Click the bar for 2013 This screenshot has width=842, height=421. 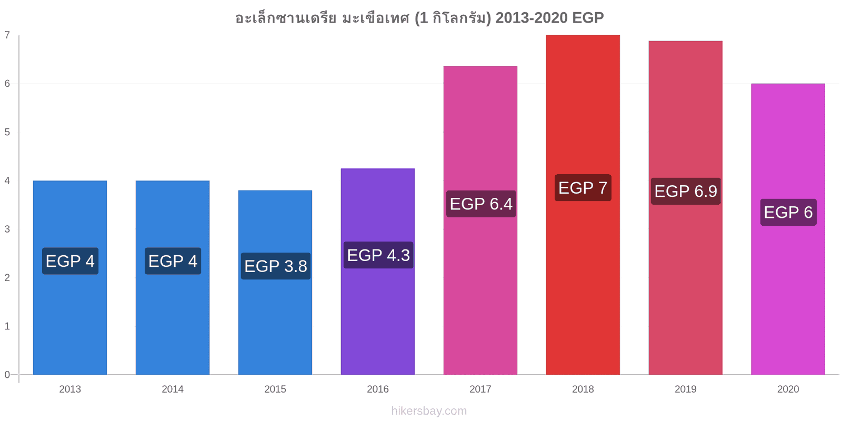pyautogui.click(x=70, y=277)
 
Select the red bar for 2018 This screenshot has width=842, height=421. pyautogui.click(x=583, y=205)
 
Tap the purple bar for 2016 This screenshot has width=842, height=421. pyautogui.click(x=378, y=272)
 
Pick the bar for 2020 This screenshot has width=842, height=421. pyautogui.click(x=788, y=229)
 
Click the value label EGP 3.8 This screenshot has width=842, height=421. pyautogui.click(x=276, y=266)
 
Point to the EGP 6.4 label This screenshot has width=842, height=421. pyautogui.click(x=481, y=204)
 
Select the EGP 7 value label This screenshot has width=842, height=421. pyautogui.click(x=583, y=187)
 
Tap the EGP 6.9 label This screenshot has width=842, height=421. pyautogui.click(x=686, y=191)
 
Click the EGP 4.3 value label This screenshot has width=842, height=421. pyautogui.click(x=378, y=255)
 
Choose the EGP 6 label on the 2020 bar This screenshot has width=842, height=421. pyautogui.click(x=788, y=212)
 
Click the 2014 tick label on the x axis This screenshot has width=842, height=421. pyautogui.click(x=173, y=389)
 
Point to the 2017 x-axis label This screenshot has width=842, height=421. pyautogui.click(x=480, y=389)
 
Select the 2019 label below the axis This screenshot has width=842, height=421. pyautogui.click(x=686, y=389)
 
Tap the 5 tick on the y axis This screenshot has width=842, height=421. pyautogui.click(x=7, y=132)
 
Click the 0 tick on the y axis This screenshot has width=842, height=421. pyautogui.click(x=7, y=374)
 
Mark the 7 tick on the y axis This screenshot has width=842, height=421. pyautogui.click(x=7, y=35)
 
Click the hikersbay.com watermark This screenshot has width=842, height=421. pyautogui.click(x=429, y=410)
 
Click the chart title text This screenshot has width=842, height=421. pyautogui.click(x=419, y=17)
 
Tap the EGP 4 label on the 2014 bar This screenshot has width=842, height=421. pyautogui.click(x=173, y=261)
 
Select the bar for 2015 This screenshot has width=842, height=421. pyautogui.click(x=275, y=282)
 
